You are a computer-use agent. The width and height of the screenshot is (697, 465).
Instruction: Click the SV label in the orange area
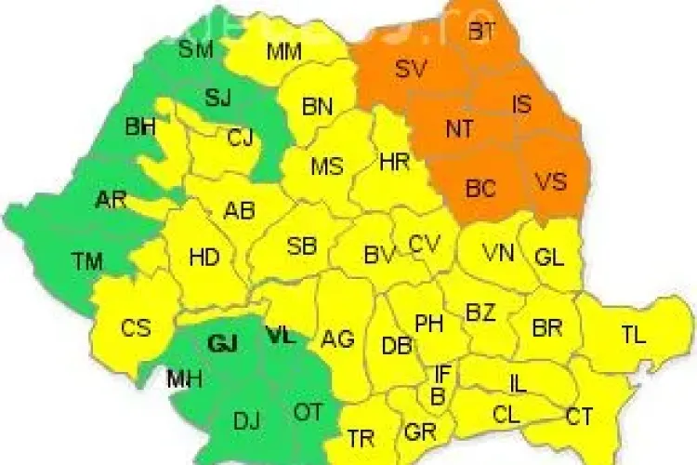[x=409, y=70]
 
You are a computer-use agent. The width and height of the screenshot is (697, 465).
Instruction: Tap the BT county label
[x=481, y=33]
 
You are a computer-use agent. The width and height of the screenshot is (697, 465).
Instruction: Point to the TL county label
[x=634, y=336]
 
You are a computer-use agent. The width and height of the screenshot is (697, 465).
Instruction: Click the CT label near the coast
[x=579, y=418]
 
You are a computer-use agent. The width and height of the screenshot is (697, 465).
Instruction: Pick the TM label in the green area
[x=87, y=262]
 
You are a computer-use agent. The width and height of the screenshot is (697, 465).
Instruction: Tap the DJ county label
[x=246, y=422]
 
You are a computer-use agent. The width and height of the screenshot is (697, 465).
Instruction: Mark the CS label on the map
[x=136, y=328]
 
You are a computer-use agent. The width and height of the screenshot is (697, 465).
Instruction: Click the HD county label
[x=204, y=258]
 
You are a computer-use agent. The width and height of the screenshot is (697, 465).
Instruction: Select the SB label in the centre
[x=302, y=246]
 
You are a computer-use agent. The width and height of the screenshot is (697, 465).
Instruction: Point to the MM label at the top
[x=283, y=51]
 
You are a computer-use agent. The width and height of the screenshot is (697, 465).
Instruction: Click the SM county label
[x=196, y=49]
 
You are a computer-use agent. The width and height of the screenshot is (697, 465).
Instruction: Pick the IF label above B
[x=444, y=374]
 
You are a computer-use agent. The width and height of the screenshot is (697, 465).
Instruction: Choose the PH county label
[x=428, y=324]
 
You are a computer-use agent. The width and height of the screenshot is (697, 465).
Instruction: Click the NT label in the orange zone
[x=459, y=130]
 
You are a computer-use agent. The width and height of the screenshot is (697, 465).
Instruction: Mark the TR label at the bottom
[x=361, y=437]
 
